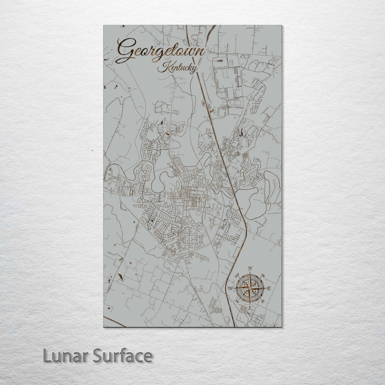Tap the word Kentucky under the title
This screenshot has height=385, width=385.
[x=178, y=68]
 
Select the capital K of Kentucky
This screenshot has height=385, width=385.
[x=162, y=67]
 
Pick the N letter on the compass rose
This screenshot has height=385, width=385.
[x=249, y=268]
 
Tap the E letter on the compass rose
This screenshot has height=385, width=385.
[x=269, y=289]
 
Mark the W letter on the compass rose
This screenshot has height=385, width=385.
[x=230, y=289]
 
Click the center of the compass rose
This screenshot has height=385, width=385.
[x=249, y=289]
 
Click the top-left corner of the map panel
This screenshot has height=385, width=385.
[x=103, y=25]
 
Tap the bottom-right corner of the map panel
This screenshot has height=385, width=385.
[x=281, y=327]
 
